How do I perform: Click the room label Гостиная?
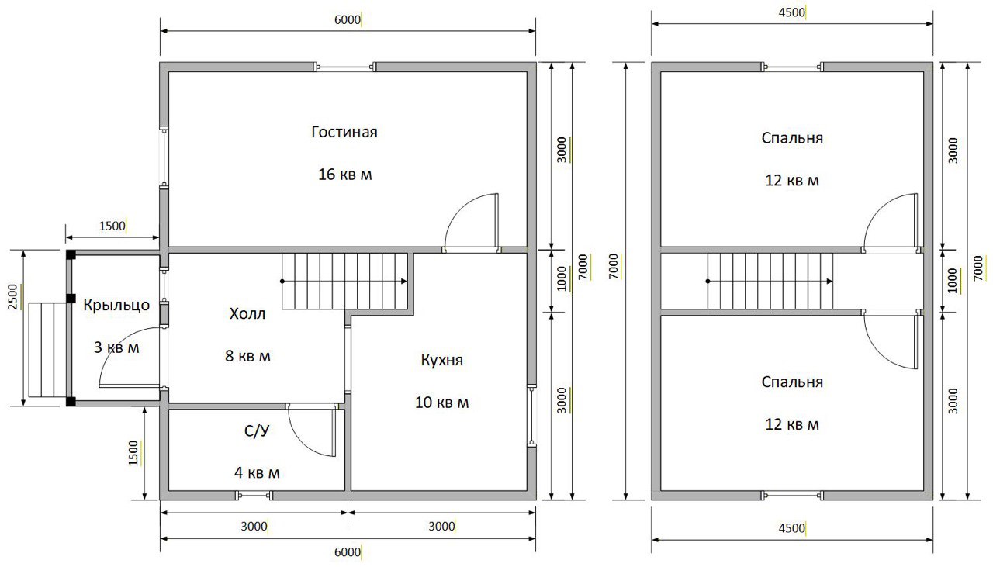pos(344,132)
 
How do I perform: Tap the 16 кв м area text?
pos(345,175)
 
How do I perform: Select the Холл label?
pos(247,314)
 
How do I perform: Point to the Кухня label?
pos(441,360)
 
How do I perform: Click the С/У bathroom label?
pos(257,430)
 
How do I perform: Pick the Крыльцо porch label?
pos(116,306)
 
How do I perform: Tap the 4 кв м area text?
pos(257,472)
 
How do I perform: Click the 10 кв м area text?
pos(441,403)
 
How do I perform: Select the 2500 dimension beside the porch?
pos(13,297)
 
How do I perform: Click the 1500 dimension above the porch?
pos(112,226)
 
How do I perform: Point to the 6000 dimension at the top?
pos(347,20)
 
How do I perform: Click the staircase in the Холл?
pos(344,281)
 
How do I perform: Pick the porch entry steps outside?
pos(47,351)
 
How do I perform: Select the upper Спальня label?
pos(792,138)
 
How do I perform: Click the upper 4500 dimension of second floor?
pos(792,12)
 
